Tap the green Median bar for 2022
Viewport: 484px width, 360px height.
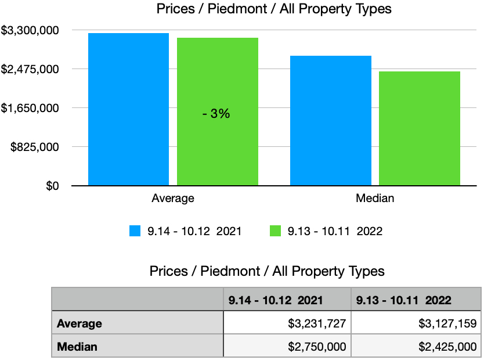pos(420,128)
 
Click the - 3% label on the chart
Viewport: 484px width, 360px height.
pos(216,114)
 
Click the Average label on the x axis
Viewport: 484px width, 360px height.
pos(173,199)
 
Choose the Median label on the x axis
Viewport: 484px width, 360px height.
pos(375,199)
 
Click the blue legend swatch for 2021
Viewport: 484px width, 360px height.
pos(135,231)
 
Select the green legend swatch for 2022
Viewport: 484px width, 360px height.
pos(276,231)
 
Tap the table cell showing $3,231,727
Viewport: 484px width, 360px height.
pos(287,324)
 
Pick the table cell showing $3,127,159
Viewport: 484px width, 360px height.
pos(416,324)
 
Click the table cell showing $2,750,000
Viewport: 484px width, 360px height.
pos(287,347)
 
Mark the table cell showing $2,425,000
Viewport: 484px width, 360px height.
pos(416,347)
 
